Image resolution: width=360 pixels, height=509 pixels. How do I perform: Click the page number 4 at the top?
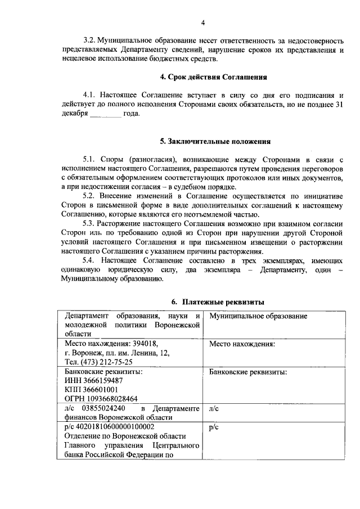point(204,22)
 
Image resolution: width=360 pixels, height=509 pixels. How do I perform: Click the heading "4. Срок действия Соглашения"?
point(204,76)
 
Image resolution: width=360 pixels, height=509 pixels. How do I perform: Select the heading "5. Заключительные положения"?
point(208,141)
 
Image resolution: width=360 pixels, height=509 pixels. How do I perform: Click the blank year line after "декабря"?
point(105,113)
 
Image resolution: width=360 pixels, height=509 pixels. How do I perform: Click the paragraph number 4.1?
point(90,95)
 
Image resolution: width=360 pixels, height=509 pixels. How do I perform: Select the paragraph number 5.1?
point(90,159)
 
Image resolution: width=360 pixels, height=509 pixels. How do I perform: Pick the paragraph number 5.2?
point(90,195)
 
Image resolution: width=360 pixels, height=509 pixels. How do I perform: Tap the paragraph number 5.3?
point(90,223)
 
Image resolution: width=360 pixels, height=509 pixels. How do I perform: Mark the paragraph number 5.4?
point(90,260)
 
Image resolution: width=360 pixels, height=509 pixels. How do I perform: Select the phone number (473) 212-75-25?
point(106,362)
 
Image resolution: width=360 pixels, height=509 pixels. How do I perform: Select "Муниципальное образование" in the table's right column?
point(258,316)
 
